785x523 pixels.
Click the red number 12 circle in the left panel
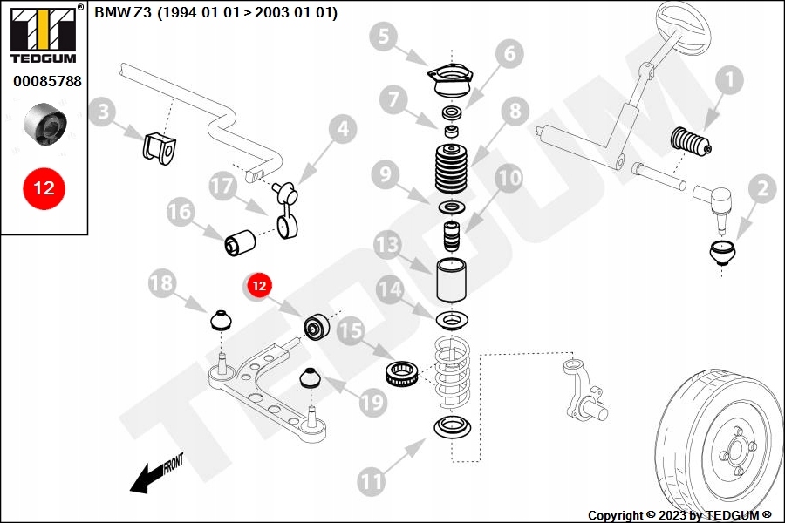pos(44,187)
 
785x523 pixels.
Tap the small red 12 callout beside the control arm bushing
pos(258,285)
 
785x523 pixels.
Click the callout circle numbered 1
pos(729,82)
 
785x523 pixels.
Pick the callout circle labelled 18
pos(161,283)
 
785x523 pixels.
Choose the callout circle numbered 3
pos(104,112)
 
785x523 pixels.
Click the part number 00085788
pos(47,82)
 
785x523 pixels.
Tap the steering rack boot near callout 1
pos(691,143)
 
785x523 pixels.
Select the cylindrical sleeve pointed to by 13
pos(452,279)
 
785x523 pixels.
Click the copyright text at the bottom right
pos(679,515)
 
